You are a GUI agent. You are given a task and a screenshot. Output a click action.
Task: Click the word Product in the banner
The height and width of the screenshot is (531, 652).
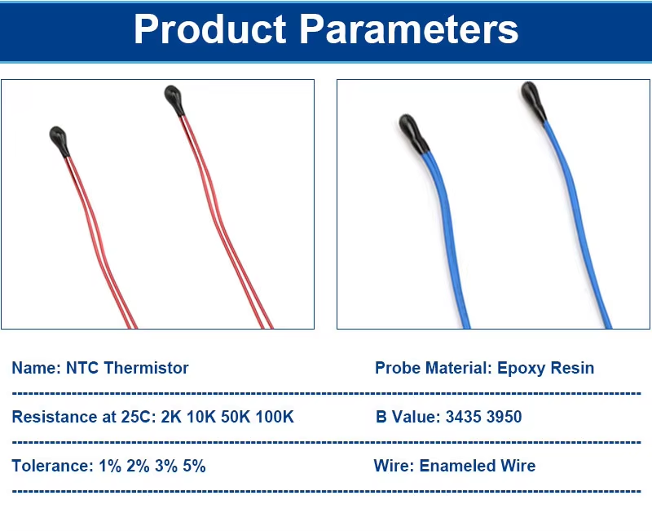click(210, 29)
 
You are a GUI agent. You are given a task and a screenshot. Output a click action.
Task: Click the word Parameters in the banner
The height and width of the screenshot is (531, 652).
click(409, 29)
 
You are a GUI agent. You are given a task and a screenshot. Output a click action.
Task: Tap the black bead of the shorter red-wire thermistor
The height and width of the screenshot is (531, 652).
click(59, 140)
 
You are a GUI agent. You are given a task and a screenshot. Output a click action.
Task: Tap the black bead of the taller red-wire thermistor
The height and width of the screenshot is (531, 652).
click(174, 100)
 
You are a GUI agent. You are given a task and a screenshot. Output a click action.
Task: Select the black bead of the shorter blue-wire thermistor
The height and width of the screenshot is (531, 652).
click(413, 133)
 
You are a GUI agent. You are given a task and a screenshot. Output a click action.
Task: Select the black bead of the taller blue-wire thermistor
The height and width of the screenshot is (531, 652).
click(534, 101)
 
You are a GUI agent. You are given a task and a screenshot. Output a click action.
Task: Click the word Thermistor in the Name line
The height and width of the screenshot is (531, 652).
click(147, 368)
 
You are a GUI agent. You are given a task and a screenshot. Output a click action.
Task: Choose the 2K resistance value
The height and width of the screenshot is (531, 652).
click(171, 417)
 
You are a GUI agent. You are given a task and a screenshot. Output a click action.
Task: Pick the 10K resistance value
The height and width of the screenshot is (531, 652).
click(201, 417)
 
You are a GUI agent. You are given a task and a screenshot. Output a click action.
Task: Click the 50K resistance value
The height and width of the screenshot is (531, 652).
click(236, 417)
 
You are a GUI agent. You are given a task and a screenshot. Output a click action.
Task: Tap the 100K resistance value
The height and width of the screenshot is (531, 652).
click(275, 417)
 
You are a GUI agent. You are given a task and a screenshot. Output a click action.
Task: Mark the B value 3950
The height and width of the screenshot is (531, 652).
click(504, 417)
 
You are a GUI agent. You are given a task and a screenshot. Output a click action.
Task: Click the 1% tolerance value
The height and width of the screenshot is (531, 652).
click(110, 466)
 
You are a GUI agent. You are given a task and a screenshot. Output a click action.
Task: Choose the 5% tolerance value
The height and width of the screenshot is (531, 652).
click(194, 466)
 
